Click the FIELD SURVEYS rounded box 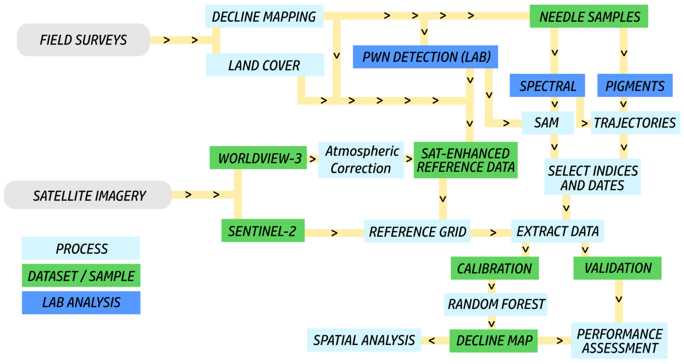tap(83, 40)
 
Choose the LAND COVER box tap(265, 65)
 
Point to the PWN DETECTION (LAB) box tap(425, 57)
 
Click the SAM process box tap(547, 123)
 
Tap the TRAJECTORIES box tap(635, 123)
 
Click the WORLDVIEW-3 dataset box tap(258, 158)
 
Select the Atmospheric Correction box tap(361, 160)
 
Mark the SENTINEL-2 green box tap(263, 230)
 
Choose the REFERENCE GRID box tap(417, 231)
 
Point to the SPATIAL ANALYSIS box tap(364, 340)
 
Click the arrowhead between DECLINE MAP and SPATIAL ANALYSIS tap(432, 341)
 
